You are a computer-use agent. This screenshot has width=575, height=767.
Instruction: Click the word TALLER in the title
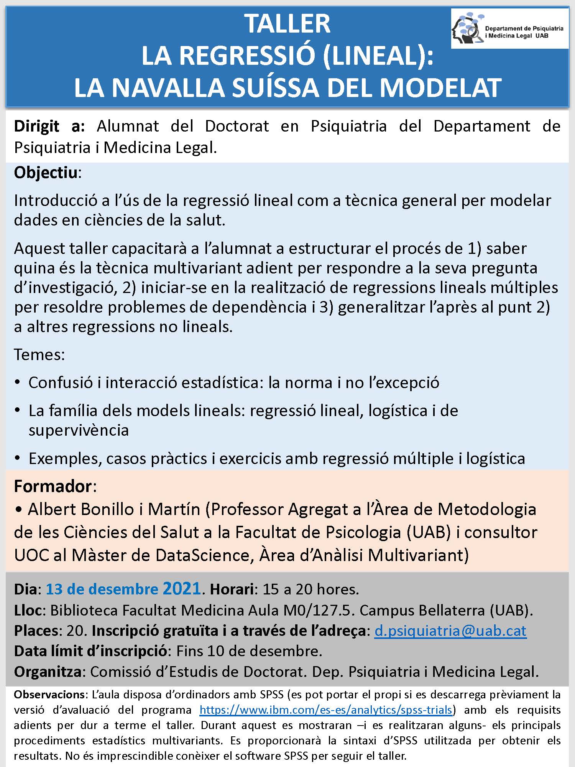pos(287,24)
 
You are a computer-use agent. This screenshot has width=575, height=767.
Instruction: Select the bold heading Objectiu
pos(46,173)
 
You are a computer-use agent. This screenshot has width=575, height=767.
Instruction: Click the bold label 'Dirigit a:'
pos(49,126)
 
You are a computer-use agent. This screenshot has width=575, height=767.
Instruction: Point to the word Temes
pos(39,354)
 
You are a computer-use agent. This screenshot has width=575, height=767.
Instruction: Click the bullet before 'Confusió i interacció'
pos(18,383)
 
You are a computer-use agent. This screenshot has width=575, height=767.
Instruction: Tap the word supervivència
pos(79,430)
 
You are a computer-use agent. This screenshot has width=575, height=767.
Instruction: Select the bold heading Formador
pos(53,486)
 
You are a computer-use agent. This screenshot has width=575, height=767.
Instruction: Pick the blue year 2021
pos(182,588)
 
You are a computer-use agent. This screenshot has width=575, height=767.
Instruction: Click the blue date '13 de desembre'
pos(102,589)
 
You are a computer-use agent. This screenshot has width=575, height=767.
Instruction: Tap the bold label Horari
pos(232,589)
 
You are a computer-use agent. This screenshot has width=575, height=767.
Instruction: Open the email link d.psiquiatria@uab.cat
pos(450,631)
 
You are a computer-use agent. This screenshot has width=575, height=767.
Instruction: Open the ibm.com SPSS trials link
pos(326,710)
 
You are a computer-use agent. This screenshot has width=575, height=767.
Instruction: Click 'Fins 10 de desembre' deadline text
pos(249,651)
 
